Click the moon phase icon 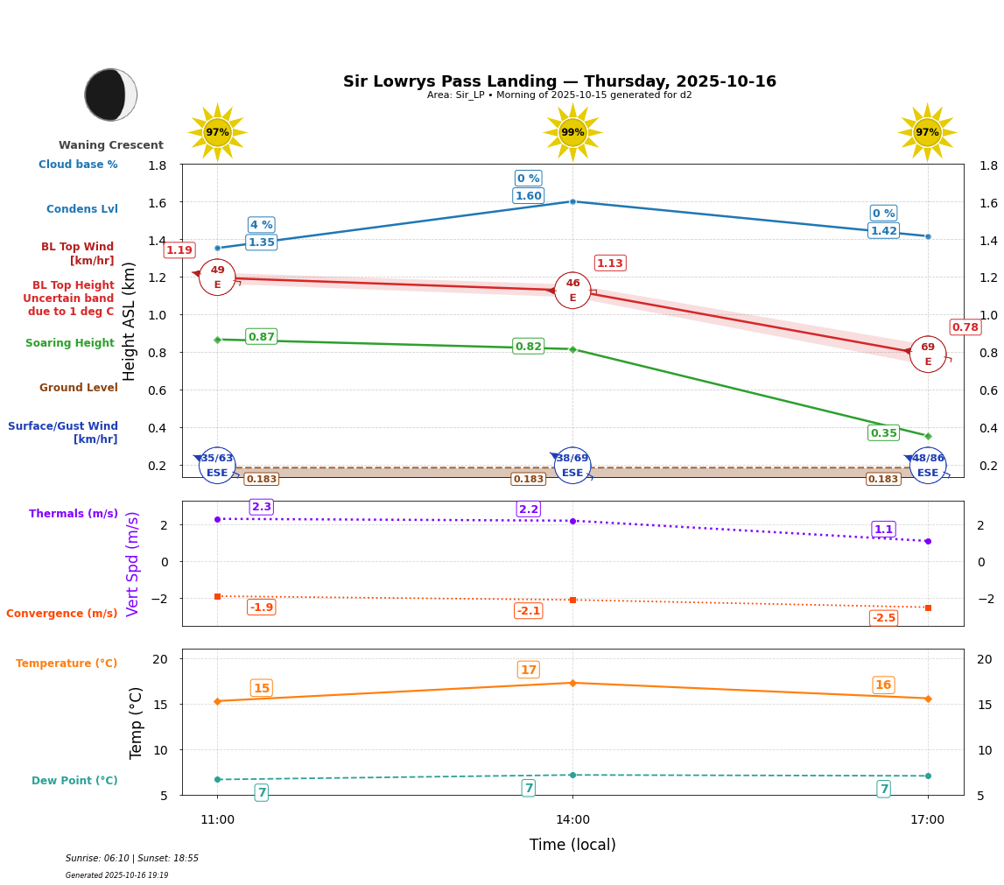coord(110,95)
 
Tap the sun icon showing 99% coord(572,132)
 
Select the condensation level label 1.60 coord(528,196)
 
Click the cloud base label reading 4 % coord(261,225)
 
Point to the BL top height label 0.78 coord(965,327)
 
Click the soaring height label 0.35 coord(883,433)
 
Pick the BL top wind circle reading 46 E coord(572,291)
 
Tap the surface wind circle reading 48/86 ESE coord(928,466)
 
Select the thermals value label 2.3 coord(261,507)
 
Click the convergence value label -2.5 coord(883,618)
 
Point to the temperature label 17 coord(528,671)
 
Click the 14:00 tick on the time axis coord(572,820)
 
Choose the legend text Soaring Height coord(70,343)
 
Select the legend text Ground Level coord(79,388)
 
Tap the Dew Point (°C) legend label coord(74,781)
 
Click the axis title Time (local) coord(572,845)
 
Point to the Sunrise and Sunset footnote coord(132,859)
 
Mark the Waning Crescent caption coord(111,145)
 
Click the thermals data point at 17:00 coord(928,541)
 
